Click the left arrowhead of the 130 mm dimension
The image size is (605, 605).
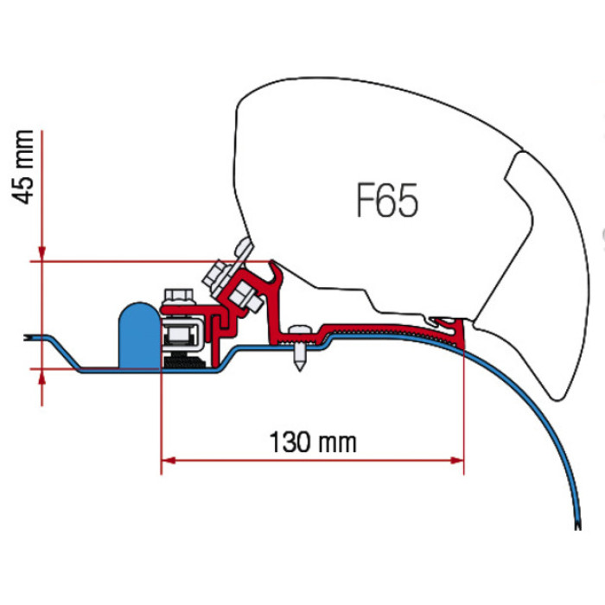point(168,459)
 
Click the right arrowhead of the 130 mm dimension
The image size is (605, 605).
point(457,459)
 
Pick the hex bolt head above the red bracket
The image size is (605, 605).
point(175,295)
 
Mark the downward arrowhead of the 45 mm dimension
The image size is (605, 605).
point(41,252)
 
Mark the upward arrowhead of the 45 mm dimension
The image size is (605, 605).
point(41,378)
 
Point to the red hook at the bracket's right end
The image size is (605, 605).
point(456,327)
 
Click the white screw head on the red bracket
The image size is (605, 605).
point(299,328)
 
